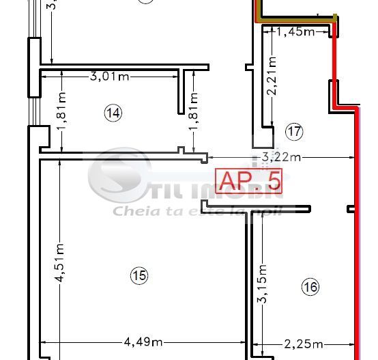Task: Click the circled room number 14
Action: pos(114,113)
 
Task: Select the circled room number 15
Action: pos(139,275)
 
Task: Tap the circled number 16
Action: pos(310,288)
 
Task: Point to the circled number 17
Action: pos(294,130)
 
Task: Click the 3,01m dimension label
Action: pos(109,76)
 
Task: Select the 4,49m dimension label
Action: pos(143,342)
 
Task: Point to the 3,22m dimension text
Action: pos(281,158)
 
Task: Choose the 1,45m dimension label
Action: pos(295,31)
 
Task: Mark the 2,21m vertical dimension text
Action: pos(272,76)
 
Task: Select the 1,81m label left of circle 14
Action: pos(61,123)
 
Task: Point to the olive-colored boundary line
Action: pos(293,19)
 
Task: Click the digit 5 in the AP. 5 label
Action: pos(274,181)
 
